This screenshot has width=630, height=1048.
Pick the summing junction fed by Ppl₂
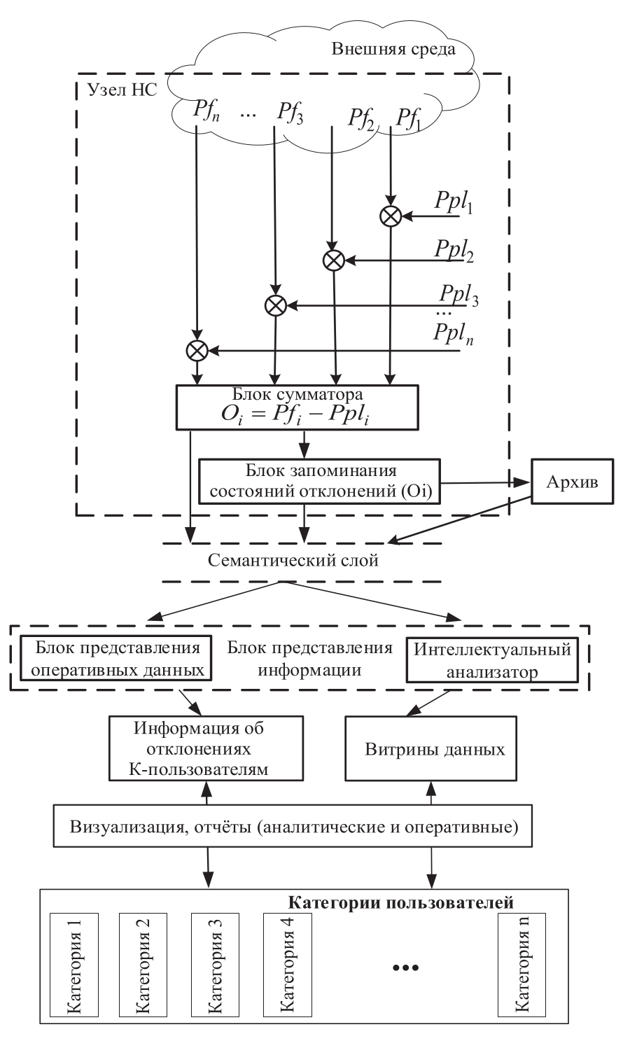click(333, 260)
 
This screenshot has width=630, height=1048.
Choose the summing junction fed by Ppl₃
click(275, 305)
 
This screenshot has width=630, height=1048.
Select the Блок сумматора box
click(298, 406)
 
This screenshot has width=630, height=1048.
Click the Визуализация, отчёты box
click(294, 827)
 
